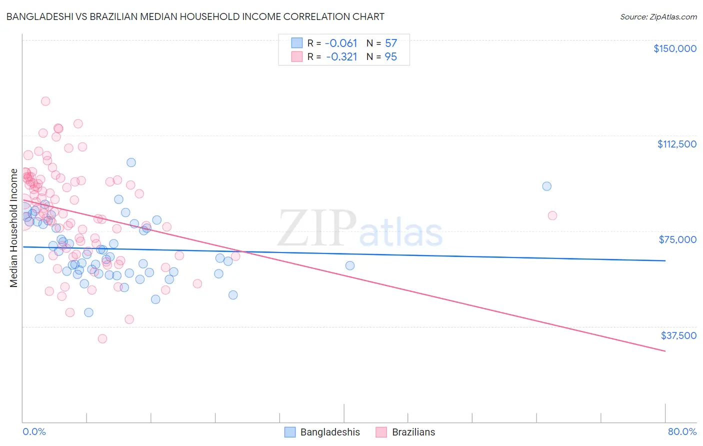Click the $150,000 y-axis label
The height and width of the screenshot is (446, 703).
point(674,48)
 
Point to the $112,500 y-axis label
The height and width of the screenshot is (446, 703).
point(676,144)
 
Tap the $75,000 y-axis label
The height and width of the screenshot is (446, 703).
point(677,239)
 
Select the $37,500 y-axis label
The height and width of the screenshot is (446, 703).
point(678,335)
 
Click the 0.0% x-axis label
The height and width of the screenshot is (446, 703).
point(34,431)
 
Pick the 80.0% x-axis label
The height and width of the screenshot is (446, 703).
point(682,431)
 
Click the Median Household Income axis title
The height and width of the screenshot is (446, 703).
point(13,228)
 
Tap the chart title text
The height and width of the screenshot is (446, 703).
point(195,16)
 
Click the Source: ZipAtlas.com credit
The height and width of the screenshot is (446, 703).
point(658,17)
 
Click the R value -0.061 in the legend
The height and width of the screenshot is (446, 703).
point(341,43)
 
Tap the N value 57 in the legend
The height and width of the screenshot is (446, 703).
point(390,43)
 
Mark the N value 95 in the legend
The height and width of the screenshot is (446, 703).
point(390,57)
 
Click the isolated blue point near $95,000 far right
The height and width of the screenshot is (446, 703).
point(546,186)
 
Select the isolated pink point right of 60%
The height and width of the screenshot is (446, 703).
point(552,215)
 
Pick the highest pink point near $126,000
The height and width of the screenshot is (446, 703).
point(45,101)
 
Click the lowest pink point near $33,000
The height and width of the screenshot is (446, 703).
point(102,338)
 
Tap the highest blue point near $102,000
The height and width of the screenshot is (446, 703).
point(131,162)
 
